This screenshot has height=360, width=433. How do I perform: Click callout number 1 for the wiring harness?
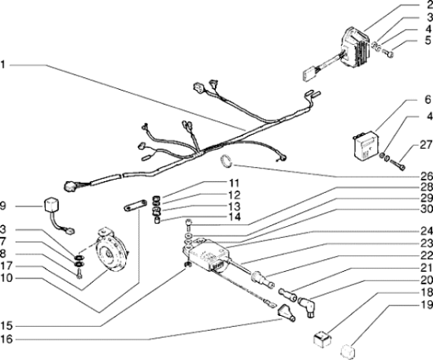tap(3, 65)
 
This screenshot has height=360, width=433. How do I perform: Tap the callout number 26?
tap(427, 176)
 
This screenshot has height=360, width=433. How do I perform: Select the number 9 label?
tap(3, 206)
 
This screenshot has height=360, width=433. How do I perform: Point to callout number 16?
tap(6, 339)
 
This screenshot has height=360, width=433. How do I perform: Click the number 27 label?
tap(426, 144)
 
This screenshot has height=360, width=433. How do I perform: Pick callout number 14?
tap(235, 217)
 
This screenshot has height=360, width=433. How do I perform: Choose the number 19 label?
tap(427, 305)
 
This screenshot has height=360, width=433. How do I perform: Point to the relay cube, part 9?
tap(52, 205)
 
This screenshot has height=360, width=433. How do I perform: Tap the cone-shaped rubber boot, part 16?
tap(286, 313)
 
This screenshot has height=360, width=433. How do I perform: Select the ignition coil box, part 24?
tap(206, 254)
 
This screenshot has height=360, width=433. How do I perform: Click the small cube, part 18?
tap(322, 340)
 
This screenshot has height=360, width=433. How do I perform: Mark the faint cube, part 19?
tap(348, 351)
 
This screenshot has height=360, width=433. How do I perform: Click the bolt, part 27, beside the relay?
tap(398, 165)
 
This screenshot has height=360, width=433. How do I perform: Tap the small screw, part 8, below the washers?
tap(80, 274)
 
